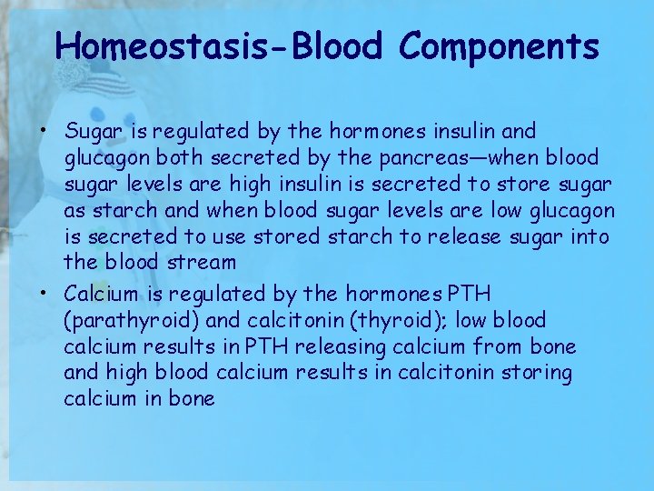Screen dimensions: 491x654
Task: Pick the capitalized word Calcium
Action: [x=101, y=294]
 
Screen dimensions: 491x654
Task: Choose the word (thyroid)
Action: [x=397, y=321]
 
